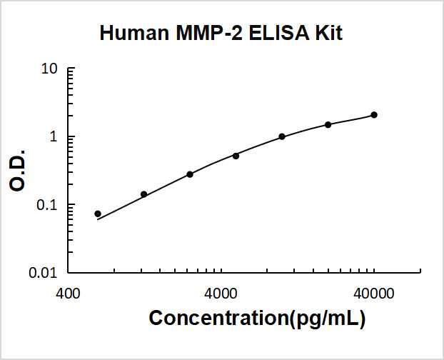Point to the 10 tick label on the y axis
pyautogui.click(x=49, y=70)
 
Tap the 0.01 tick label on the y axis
pyautogui.click(x=44, y=273)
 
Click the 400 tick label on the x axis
pyautogui.click(x=68, y=294)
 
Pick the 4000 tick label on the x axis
pyautogui.click(x=221, y=294)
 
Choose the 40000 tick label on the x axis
pyautogui.click(x=373, y=294)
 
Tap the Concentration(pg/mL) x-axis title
pyautogui.click(x=257, y=319)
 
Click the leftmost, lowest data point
pyautogui.click(x=98, y=214)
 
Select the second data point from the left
pyautogui.click(x=143, y=194)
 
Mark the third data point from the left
pyautogui.click(x=190, y=174)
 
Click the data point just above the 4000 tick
pyautogui.click(x=236, y=156)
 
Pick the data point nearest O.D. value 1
pyautogui.click(x=282, y=136)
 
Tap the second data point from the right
pyautogui.click(x=328, y=124)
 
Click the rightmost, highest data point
pyautogui.click(x=374, y=115)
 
